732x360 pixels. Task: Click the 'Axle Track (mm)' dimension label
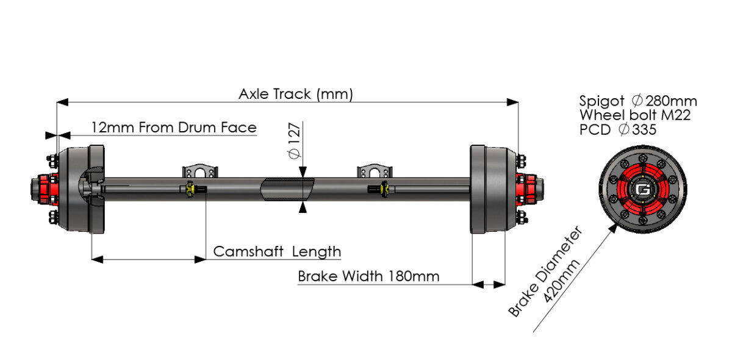click(296, 94)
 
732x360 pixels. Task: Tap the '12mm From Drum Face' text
click(174, 128)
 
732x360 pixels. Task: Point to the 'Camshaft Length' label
click(277, 251)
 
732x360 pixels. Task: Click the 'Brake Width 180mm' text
click(368, 276)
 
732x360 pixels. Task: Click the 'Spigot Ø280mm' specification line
click(637, 101)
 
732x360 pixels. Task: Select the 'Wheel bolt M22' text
click(634, 115)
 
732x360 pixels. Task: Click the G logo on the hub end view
click(642, 190)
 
